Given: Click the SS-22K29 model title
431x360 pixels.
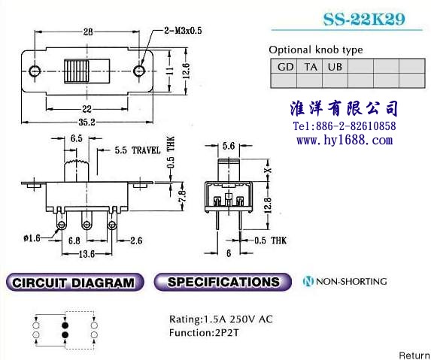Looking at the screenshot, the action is tap(364, 20).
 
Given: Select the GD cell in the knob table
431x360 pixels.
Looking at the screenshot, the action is tap(284, 66).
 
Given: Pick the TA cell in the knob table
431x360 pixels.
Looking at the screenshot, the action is tap(310, 66).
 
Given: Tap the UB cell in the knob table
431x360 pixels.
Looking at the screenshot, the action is tap(335, 66).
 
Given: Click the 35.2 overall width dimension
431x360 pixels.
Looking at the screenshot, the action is tap(87, 122).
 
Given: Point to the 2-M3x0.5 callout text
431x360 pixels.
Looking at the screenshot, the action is tap(183, 30).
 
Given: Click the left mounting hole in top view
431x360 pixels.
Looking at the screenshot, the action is tap(35, 71).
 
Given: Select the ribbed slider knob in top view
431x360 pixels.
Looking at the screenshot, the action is tap(77, 71).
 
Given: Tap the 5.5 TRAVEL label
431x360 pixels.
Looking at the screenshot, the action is tap(138, 150).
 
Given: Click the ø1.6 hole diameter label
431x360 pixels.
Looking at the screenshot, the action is tap(32, 237).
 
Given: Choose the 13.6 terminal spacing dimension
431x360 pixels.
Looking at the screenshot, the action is tap(87, 254).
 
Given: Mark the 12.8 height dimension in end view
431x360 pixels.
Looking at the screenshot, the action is tap(268, 206).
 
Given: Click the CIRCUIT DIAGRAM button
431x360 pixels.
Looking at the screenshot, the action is tap(74, 283).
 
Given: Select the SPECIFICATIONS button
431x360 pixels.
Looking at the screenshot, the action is tap(223, 282).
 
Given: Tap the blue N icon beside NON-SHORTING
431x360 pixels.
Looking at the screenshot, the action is tap(308, 281).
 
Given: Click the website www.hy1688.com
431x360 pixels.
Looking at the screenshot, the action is tap(344, 140).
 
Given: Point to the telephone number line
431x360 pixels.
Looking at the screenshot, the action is tap(344, 126).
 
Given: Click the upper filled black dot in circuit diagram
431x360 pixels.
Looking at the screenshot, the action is tap(65, 325).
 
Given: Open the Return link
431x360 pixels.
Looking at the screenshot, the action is tap(414, 355).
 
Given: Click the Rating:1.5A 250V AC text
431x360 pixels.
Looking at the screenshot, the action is tap(221, 319).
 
